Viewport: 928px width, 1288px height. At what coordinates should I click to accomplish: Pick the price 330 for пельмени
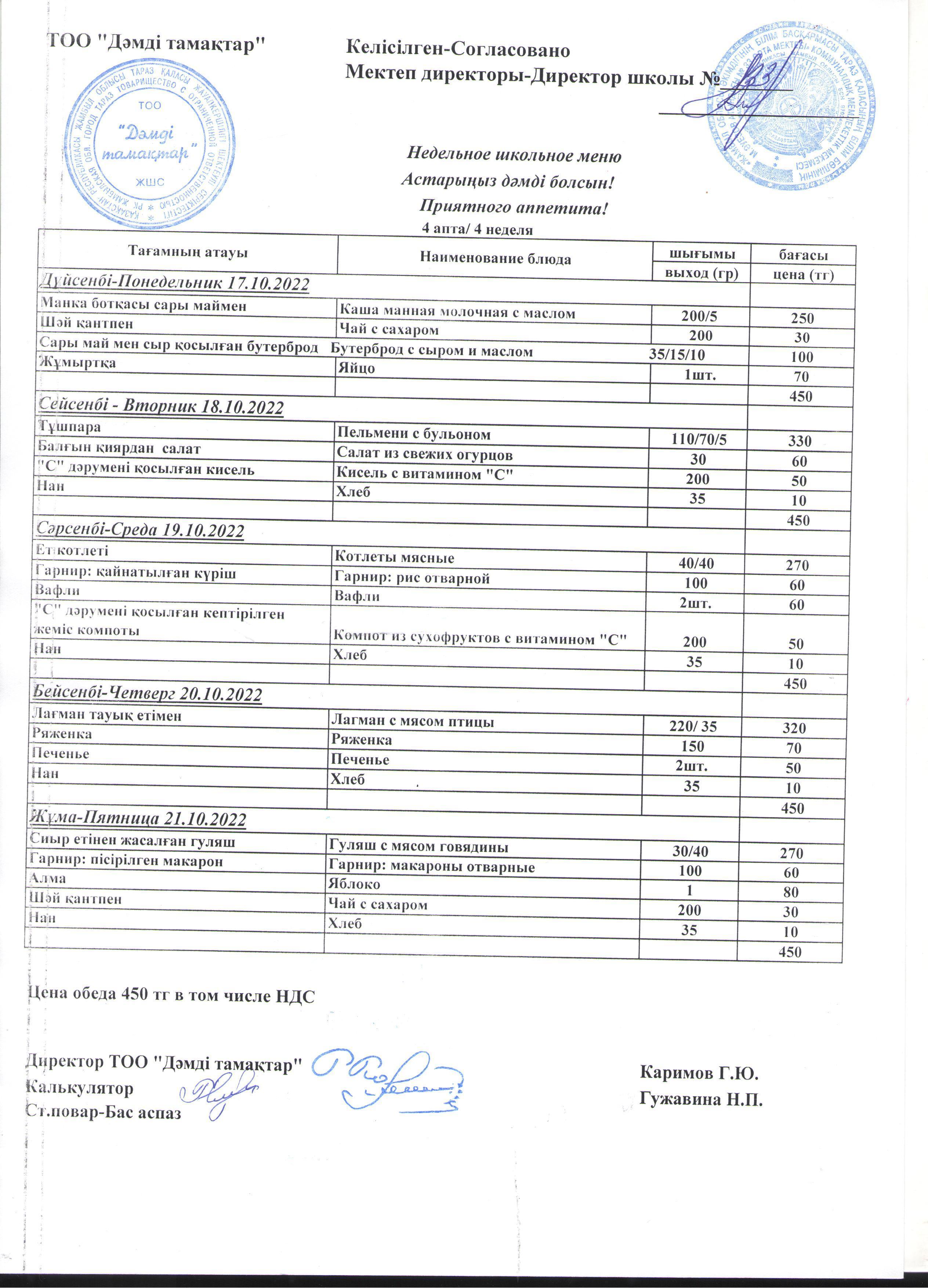pos(800,441)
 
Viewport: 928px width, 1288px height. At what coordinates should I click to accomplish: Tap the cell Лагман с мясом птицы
pos(412,722)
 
